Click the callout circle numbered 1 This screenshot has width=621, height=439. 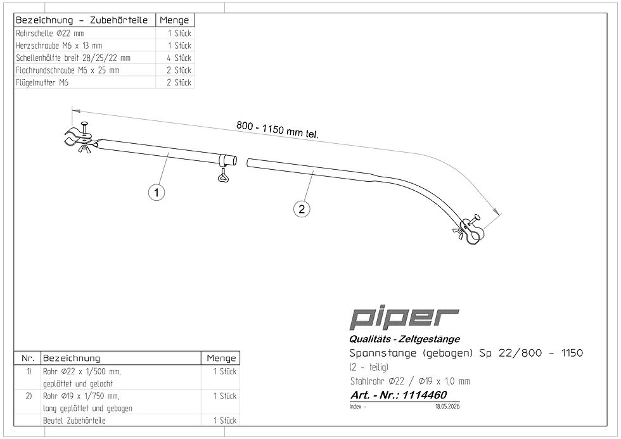tap(157, 193)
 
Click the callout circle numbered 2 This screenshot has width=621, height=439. tap(302, 208)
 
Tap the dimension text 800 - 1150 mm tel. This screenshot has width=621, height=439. tap(278, 129)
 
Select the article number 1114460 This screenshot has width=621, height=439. tap(425, 395)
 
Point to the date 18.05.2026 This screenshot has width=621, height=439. tap(447, 407)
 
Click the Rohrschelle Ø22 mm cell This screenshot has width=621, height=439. tap(50, 33)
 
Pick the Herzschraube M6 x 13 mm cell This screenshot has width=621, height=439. tap(59, 46)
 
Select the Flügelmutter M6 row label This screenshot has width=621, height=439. tap(42, 82)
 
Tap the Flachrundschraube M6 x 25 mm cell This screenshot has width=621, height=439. tap(68, 70)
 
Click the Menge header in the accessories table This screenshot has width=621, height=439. tap(174, 20)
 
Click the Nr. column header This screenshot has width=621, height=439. tap(28, 359)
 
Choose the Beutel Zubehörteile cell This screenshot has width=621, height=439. tap(75, 421)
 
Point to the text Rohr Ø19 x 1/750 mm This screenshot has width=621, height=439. tap(81, 396)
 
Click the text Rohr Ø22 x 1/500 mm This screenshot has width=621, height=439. tap(82, 371)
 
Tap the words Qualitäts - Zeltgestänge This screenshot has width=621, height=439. tap(404, 339)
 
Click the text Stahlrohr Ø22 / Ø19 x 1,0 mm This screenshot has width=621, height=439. tap(410, 381)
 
